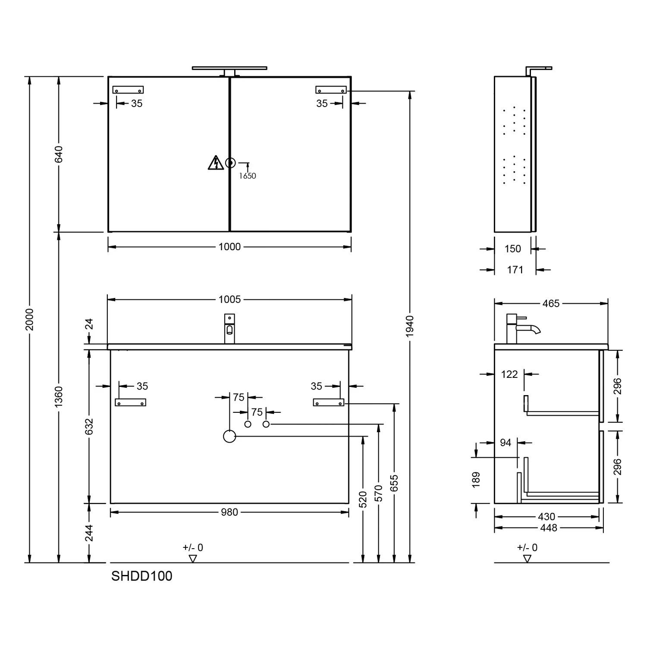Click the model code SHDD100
click(141, 576)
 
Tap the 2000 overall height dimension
click(29, 319)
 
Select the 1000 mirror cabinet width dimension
click(229, 247)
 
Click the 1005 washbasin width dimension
click(229, 299)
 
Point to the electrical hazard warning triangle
click(214, 163)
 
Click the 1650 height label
click(248, 176)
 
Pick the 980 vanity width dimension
click(229, 512)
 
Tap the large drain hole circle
click(229, 437)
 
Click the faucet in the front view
click(229, 329)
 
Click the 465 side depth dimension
click(551, 304)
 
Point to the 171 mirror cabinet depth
click(515, 270)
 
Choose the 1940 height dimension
click(410, 326)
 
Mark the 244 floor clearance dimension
click(89, 533)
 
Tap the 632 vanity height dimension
click(89, 426)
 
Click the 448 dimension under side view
click(549, 528)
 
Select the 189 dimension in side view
click(476, 480)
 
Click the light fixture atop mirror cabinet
click(229, 69)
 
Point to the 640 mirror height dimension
click(59, 154)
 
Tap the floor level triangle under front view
click(193, 559)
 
